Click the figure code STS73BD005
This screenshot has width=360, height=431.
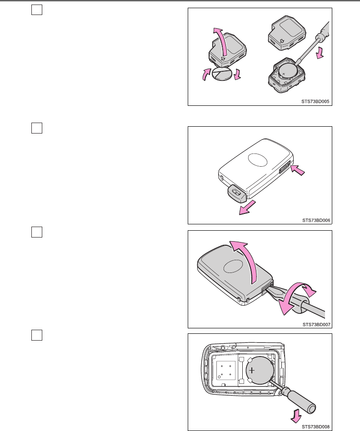coord(315,102)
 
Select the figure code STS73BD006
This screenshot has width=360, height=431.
coord(315,220)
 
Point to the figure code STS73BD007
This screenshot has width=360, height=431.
coord(315,324)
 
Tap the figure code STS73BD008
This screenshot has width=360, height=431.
coord(315,426)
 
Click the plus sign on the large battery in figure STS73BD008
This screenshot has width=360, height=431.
coord(252,371)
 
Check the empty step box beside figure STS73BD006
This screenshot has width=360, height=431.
coord(37,129)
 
